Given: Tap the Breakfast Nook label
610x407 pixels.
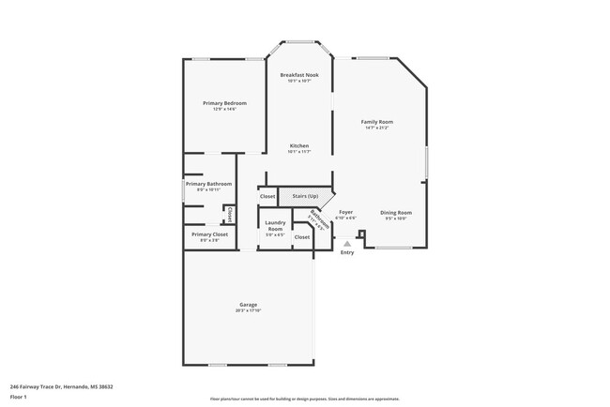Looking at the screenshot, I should (299, 74).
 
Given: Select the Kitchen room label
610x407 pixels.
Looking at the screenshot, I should (299, 145).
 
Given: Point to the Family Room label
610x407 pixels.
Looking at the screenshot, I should (377, 122).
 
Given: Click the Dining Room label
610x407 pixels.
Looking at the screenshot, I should (395, 212).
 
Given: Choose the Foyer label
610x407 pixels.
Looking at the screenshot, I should (346, 212).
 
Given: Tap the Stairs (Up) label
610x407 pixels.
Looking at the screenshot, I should (305, 196).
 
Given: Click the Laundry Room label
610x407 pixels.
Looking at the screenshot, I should (275, 226).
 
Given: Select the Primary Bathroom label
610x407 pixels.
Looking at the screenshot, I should (208, 184).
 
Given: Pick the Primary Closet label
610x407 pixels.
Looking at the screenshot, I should (209, 234).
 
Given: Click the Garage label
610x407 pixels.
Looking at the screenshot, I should (248, 306).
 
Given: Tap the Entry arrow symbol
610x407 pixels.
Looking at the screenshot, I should (347, 243).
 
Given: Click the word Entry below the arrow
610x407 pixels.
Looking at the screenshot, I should (347, 252).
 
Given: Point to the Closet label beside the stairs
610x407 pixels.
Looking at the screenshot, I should (267, 196).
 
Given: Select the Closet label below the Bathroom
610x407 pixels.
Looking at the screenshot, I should (301, 237).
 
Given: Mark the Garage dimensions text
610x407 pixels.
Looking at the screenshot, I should (248, 311).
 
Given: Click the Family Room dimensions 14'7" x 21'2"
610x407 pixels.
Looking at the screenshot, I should (377, 128).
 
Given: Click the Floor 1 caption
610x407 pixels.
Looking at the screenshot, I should (19, 397).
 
